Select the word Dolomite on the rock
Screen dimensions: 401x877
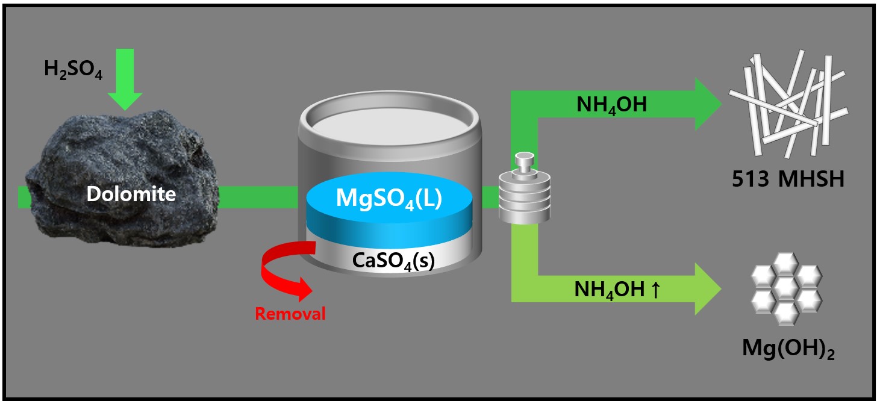(131, 194)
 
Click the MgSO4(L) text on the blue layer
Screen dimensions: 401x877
(389, 198)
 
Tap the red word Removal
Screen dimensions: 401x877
(290, 314)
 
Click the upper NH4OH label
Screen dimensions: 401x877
(610, 106)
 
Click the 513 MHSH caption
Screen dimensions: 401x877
(784, 179)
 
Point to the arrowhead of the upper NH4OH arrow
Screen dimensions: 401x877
(708, 104)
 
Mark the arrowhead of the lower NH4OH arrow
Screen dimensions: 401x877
(708, 289)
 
